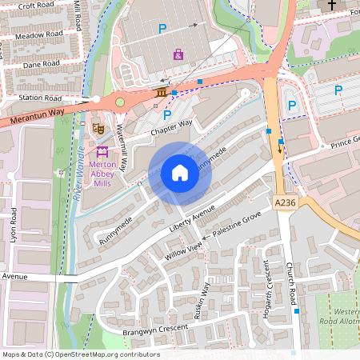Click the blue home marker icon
coord(180,173)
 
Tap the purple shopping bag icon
coord(178,55)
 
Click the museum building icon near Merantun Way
coord(162,94)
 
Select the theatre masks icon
coord(98,127)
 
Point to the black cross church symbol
coord(332,5)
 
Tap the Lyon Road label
coord(14,229)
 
